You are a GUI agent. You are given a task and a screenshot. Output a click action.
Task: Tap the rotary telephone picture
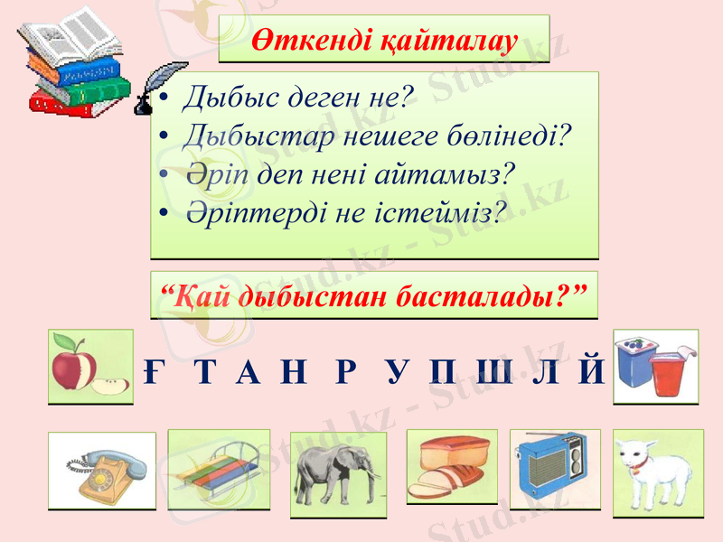[x=101, y=471]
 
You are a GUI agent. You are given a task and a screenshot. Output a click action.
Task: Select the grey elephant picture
[x=338, y=473]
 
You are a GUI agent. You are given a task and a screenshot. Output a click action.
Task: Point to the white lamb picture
[x=657, y=471]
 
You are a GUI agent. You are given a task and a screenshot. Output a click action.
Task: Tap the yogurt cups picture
[x=655, y=365]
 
